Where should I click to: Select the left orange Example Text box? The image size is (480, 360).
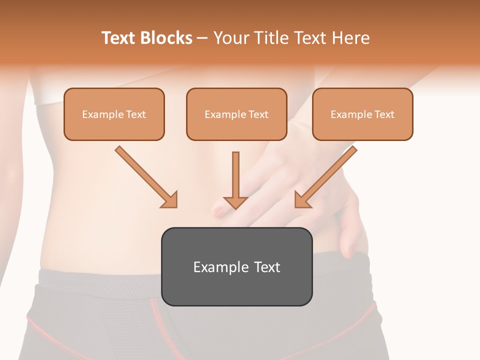[114, 114]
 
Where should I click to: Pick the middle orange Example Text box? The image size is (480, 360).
[236, 114]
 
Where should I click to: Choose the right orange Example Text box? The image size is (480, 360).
[362, 114]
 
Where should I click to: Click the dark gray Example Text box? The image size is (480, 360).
[236, 267]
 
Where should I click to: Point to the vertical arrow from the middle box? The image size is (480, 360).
[235, 175]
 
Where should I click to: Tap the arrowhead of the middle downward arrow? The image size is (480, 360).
[235, 201]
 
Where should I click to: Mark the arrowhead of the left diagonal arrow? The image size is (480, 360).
[170, 200]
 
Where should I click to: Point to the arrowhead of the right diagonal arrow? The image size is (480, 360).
[302, 200]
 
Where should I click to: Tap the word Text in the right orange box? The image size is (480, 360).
[384, 114]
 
